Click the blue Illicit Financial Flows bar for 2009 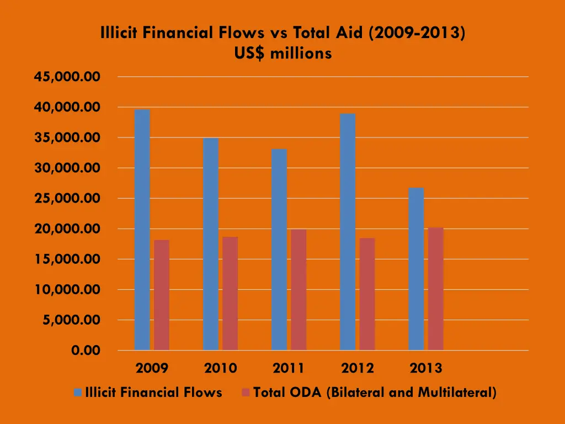[142, 230]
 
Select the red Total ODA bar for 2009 [162, 295]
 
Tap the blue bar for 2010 [210, 244]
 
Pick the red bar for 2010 [230, 293]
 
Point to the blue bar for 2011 [279, 250]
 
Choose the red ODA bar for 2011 [299, 289]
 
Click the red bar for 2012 [367, 294]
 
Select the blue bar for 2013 [416, 269]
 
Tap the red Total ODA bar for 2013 [435, 289]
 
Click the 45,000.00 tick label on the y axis [67, 77]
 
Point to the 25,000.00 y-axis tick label [67, 198]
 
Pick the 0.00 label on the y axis [86, 351]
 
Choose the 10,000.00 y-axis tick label [67, 289]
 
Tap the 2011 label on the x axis [289, 368]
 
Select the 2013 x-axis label [426, 368]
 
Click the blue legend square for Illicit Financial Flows [78, 393]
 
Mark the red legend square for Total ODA [246, 393]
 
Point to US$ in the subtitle [252, 54]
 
